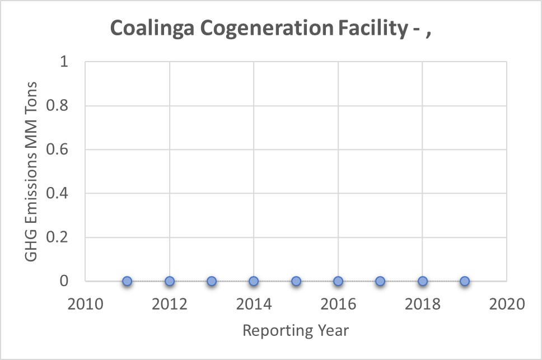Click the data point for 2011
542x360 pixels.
tap(127, 281)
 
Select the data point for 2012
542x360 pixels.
tap(170, 281)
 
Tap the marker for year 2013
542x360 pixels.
tap(212, 281)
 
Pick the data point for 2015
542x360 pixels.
tap(296, 281)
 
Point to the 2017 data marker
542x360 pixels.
tap(380, 281)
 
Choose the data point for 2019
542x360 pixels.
tap(465, 281)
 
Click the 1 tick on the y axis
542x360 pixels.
tap(64, 62)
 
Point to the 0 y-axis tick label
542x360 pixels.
tap(64, 281)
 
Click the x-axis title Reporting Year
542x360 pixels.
tap(296, 331)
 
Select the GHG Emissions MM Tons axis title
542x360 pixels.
tap(31, 171)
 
